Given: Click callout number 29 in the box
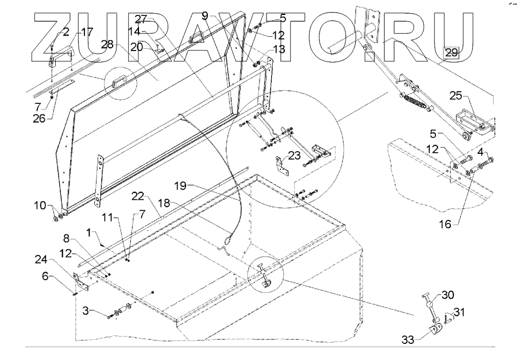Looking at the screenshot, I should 452,52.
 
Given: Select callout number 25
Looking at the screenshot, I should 455,95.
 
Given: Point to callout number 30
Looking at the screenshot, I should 447,296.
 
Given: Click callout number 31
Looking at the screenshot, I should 460,312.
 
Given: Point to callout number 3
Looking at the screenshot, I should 87,311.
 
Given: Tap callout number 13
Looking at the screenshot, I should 278,50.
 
